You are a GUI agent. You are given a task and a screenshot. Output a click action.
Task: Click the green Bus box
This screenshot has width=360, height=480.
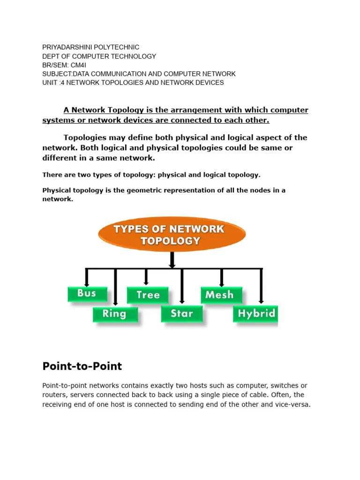[x=87, y=294]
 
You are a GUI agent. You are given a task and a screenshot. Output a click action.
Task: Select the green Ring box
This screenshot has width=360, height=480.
[x=115, y=314]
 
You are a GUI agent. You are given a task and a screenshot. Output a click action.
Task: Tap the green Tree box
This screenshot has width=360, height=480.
[x=148, y=295]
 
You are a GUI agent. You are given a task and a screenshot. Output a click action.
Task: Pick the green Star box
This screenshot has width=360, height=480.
[x=182, y=314]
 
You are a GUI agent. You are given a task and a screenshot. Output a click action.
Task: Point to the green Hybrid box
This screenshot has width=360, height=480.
[x=255, y=314]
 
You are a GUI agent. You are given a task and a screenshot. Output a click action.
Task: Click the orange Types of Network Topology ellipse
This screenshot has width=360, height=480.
[x=172, y=235]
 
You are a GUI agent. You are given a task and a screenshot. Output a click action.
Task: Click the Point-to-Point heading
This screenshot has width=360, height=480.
[x=82, y=366]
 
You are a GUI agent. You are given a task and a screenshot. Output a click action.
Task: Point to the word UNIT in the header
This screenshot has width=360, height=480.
[x=50, y=82]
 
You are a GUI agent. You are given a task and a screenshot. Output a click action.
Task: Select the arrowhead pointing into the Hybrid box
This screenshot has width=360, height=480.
[x=262, y=301]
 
